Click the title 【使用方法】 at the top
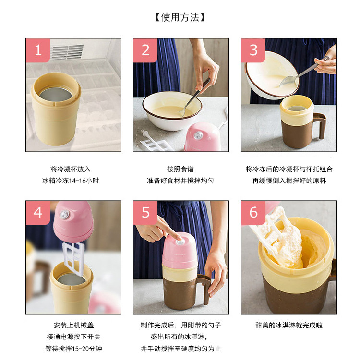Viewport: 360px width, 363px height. (x=180, y=17)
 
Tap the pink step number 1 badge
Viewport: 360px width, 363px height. (x=38, y=50)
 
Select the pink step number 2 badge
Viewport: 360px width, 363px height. (x=145, y=50)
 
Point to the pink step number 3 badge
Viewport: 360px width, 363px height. (x=253, y=50)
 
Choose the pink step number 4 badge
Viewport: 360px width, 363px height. (x=38, y=213)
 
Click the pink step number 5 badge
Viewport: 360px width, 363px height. (x=145, y=213)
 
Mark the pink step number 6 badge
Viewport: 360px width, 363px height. (x=253, y=213)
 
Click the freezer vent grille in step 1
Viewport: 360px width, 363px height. (x=67, y=52)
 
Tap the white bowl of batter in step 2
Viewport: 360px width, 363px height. (x=172, y=110)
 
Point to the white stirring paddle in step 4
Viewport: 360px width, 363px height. (x=73, y=259)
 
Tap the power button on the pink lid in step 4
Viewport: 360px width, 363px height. (x=64, y=214)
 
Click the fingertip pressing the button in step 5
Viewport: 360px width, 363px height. (x=179, y=238)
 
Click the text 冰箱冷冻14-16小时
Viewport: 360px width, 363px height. (x=71, y=181)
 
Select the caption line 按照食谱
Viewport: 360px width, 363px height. (x=180, y=169)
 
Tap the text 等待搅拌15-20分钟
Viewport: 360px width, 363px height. (x=73, y=349)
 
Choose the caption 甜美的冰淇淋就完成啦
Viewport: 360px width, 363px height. (x=289, y=325)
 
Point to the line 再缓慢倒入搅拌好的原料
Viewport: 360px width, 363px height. (x=289, y=181)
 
